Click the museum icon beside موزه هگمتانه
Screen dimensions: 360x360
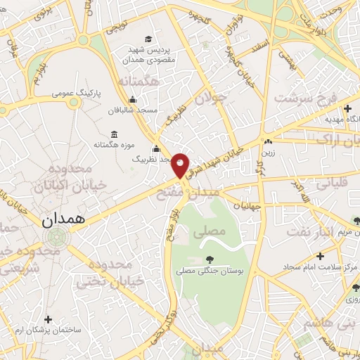114,134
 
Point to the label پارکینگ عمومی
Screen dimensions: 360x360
79,92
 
